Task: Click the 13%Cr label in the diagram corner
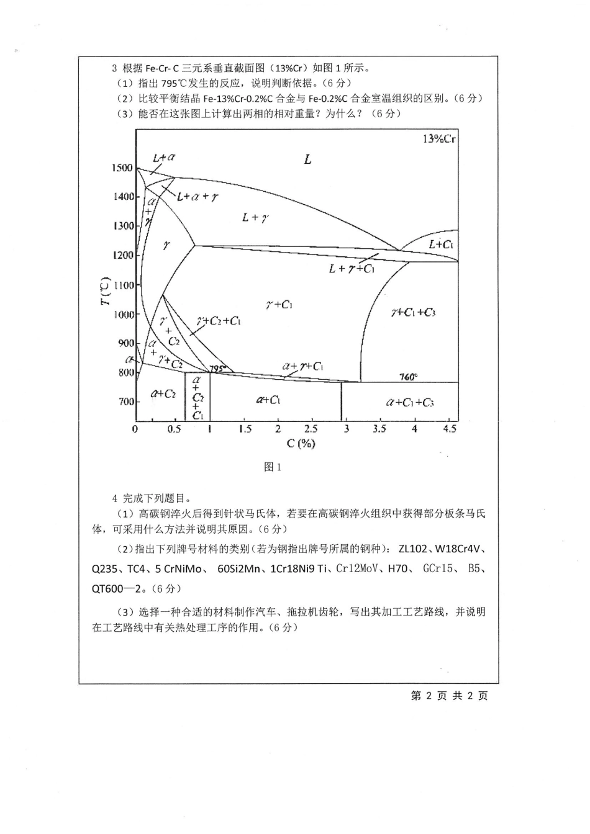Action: click(439, 138)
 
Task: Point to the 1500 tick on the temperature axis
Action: click(122, 168)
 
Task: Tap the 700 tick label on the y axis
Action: click(125, 401)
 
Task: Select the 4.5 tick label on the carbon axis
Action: click(450, 429)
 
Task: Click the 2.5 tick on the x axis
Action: click(310, 429)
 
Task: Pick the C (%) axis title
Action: click(301, 443)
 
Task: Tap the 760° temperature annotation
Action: click(408, 377)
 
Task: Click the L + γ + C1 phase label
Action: click(352, 269)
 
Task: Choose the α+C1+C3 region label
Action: click(409, 403)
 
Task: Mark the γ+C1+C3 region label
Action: click(413, 312)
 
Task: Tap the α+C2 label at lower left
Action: click(163, 394)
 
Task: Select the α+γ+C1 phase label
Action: click(302, 366)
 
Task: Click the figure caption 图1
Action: click(273, 467)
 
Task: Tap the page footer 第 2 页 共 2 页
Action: click(450, 696)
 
